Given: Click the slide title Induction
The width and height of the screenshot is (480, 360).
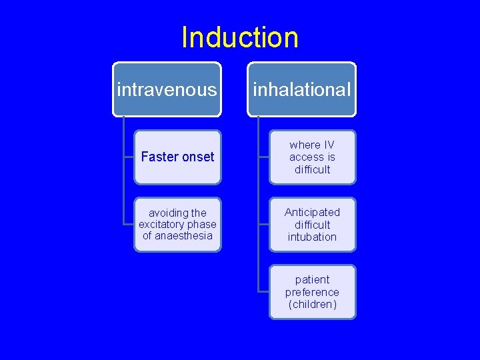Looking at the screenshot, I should pyautogui.click(x=240, y=37).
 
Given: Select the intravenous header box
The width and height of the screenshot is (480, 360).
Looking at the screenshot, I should pyautogui.click(x=167, y=89).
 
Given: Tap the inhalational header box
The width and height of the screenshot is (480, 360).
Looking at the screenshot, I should pyautogui.click(x=302, y=89).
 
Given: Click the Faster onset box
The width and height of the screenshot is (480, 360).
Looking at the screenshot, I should pyautogui.click(x=177, y=157).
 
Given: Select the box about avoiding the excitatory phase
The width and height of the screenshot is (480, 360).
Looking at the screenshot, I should pyautogui.click(x=177, y=224).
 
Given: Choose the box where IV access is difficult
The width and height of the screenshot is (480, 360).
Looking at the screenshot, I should pyautogui.click(x=312, y=157).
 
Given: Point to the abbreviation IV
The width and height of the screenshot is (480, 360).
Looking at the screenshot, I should pyautogui.click(x=328, y=145).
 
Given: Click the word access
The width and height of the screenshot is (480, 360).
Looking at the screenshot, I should pyautogui.click(x=305, y=157).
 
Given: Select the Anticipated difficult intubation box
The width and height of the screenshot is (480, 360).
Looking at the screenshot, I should pyautogui.click(x=312, y=224).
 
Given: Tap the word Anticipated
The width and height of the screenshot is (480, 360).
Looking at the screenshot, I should pyautogui.click(x=312, y=212).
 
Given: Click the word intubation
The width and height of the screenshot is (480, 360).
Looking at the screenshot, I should pyautogui.click(x=312, y=237).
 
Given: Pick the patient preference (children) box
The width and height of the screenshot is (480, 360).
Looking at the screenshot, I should pyautogui.click(x=312, y=292).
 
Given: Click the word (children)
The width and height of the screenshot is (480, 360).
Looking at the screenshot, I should pyautogui.click(x=312, y=305).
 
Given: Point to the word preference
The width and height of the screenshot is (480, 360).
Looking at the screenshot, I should pyautogui.click(x=312, y=292).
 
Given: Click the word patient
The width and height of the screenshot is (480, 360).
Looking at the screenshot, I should pyautogui.click(x=312, y=279).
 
